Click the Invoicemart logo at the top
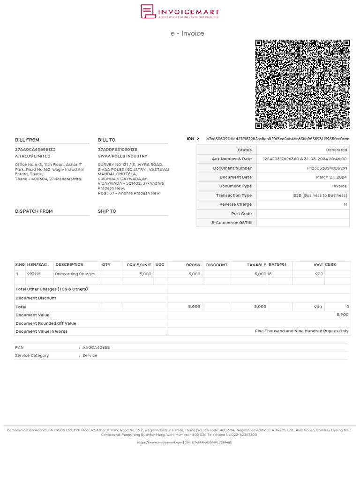tap(180, 12)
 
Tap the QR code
tap(302, 84)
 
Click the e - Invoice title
tap(187, 33)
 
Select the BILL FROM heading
tap(27, 140)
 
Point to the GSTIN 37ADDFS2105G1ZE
tap(118, 150)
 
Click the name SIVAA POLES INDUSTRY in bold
tap(122, 156)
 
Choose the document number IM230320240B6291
tap(327, 168)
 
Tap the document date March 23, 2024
tap(331, 177)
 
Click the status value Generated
tap(336, 150)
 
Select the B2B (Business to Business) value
tap(320, 195)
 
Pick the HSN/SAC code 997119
tap(34, 274)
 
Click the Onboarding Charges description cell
tap(75, 274)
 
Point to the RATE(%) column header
tap(277, 265)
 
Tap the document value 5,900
tap(342, 315)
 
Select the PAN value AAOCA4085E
tap(96, 347)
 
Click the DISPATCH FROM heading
tap(34, 211)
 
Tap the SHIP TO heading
tap(107, 211)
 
